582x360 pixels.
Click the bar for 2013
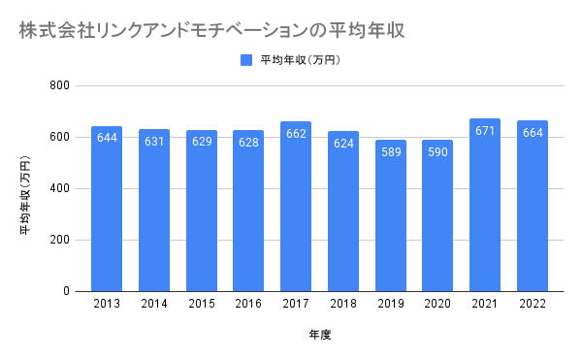click(107, 209)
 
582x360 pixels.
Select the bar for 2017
click(296, 207)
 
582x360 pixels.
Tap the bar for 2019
click(391, 215)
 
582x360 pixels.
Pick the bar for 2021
click(485, 206)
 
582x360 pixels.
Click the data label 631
click(154, 142)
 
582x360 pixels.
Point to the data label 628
click(248, 142)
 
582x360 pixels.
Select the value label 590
click(437, 151)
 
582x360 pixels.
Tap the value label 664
click(533, 133)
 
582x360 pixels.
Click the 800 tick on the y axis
click(60, 85)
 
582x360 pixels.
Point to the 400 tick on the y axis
click(60, 188)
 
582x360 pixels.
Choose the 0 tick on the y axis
click(66, 291)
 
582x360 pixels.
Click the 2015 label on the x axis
click(202, 304)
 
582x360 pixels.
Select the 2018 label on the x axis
click(343, 304)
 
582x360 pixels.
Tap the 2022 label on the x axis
click(533, 304)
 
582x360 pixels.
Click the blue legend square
click(246, 60)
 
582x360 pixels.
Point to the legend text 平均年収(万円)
click(301, 60)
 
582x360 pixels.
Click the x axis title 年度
click(319, 335)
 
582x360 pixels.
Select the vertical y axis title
click(25, 195)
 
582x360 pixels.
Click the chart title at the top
click(211, 30)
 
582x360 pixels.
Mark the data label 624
click(343, 144)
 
